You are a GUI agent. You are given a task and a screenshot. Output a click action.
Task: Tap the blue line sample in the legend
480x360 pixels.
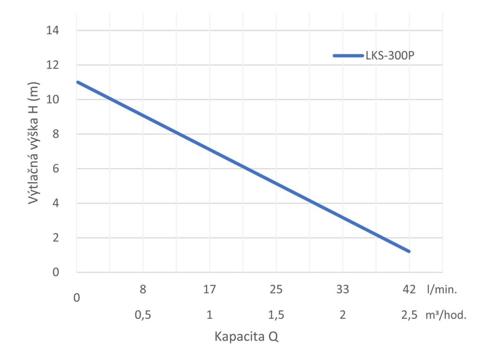pos(348,55)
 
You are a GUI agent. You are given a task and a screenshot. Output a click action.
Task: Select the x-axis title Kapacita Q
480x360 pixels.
pos(247,337)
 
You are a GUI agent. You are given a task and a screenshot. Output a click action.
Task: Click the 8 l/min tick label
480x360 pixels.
pos(143,290)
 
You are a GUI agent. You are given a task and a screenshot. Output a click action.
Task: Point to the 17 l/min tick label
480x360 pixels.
pos(210,290)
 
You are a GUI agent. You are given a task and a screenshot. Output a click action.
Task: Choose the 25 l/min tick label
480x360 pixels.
pos(276,290)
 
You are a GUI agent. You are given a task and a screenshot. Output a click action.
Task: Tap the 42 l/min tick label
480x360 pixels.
pos(409,290)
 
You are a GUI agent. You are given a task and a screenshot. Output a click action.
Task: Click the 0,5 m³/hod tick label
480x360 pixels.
pos(143,315)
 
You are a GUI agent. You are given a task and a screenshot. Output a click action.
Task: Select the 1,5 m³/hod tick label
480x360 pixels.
pos(276,315)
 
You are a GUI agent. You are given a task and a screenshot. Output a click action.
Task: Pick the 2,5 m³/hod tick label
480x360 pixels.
pos(409,315)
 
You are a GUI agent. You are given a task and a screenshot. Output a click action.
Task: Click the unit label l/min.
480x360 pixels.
pos(442,290)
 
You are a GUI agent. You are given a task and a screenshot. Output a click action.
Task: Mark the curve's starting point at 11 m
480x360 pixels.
pos(77,82)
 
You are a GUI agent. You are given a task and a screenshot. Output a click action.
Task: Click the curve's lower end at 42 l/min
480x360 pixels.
pos(409,251)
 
